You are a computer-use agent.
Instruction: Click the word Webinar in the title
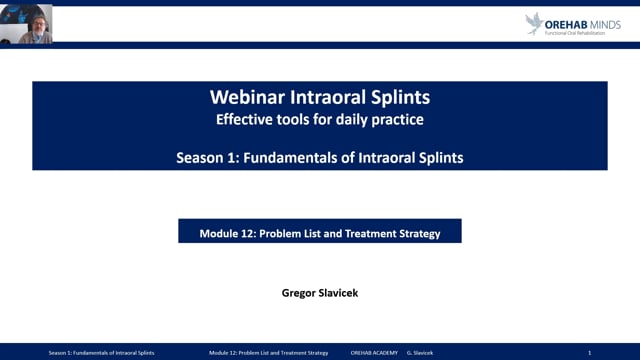[x=246, y=98]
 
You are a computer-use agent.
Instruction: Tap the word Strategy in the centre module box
[x=422, y=232]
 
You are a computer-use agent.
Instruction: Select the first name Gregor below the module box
[x=301, y=295]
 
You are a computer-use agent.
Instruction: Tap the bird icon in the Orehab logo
[x=535, y=23]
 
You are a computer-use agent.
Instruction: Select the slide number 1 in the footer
[x=589, y=353]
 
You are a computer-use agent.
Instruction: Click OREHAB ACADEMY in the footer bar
[x=374, y=353]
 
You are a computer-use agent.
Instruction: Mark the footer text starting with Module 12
[x=269, y=353]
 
